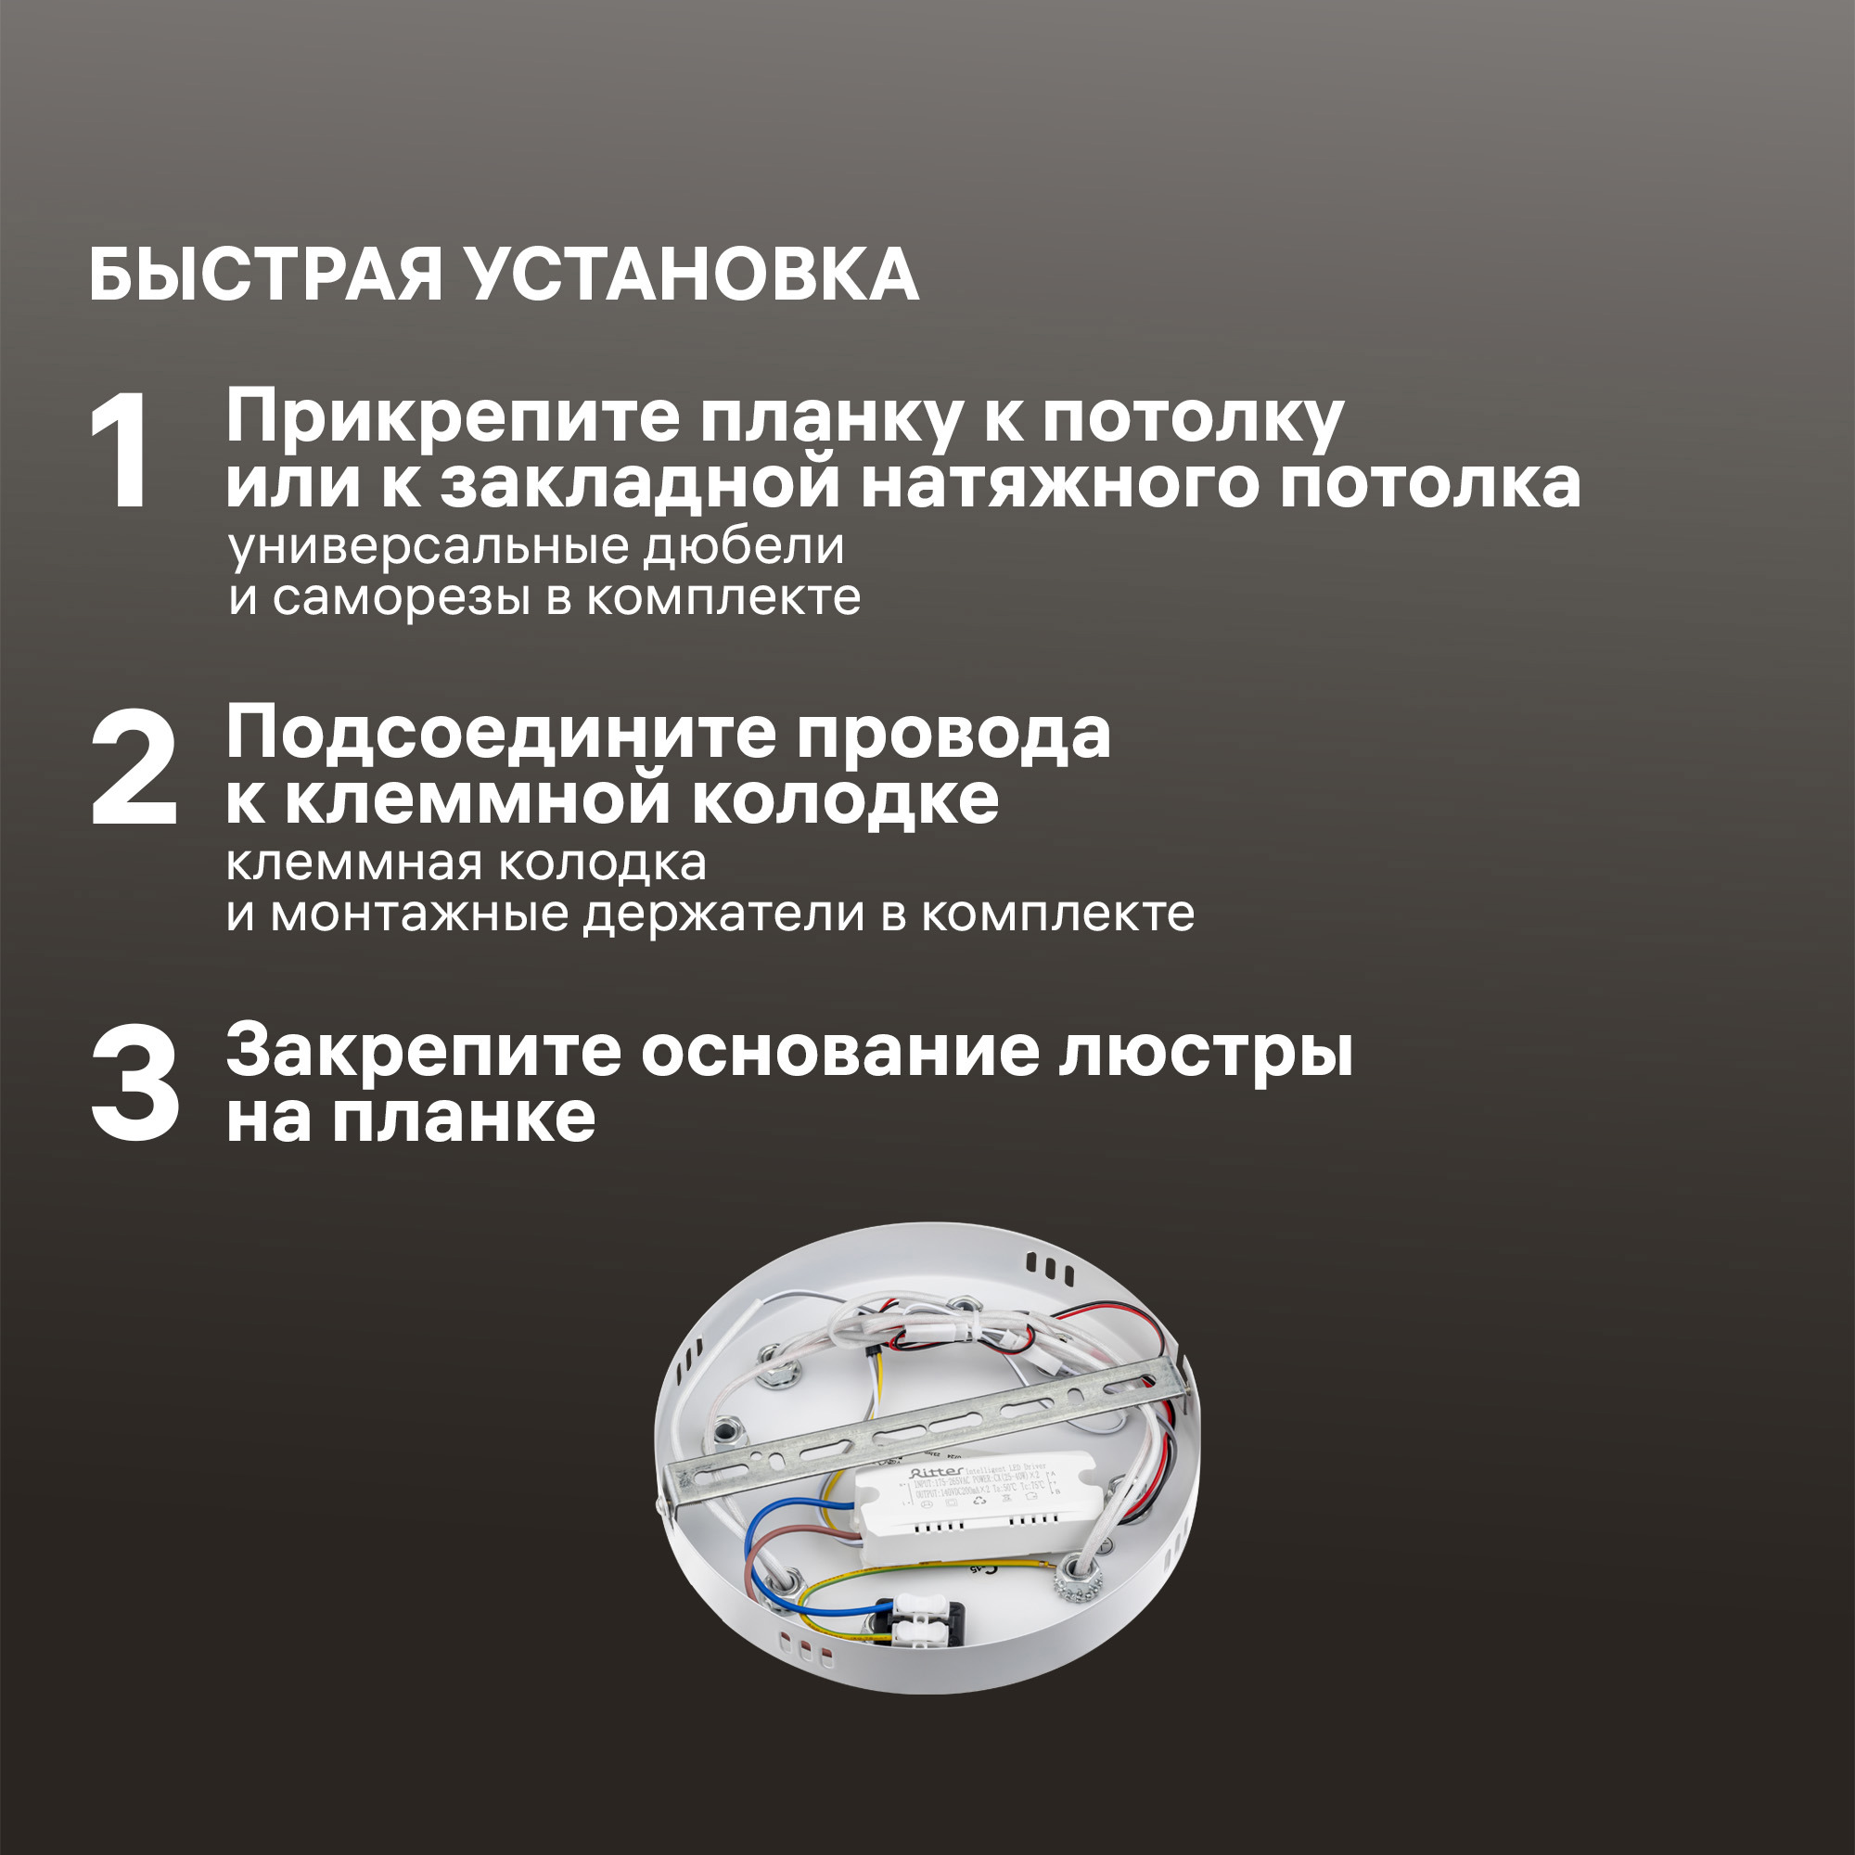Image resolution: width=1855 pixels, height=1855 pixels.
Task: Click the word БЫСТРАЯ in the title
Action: point(265,276)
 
